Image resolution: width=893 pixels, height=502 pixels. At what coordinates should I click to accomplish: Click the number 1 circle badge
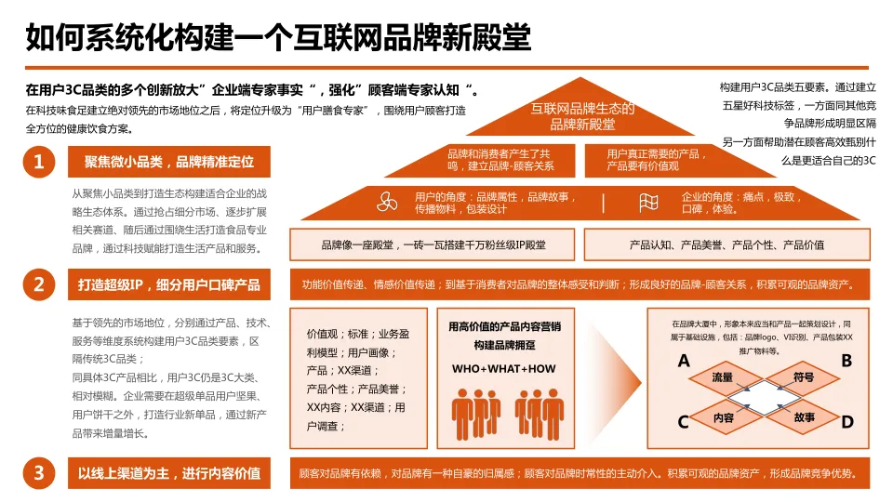(38, 163)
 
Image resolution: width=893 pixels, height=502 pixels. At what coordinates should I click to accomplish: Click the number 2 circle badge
(38, 284)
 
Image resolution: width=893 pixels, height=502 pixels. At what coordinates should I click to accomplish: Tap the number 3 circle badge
(38, 473)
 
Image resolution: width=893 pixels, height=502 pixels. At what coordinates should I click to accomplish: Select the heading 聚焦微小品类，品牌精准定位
(169, 163)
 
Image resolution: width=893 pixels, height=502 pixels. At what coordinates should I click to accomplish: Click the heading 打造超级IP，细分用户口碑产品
(169, 284)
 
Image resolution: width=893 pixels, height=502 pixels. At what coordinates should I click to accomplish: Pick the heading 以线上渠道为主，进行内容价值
(169, 473)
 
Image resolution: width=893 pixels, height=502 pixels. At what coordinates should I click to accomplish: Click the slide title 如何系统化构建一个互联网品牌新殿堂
(278, 38)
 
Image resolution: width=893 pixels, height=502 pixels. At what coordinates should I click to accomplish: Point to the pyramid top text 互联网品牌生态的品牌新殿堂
(582, 116)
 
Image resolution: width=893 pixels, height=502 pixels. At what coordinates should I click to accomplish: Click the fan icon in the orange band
(387, 203)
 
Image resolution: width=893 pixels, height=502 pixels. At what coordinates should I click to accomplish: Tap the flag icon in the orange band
(649, 203)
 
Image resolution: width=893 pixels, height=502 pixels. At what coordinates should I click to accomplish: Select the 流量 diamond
(723, 378)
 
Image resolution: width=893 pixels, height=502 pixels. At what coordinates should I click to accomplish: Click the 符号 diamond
(804, 378)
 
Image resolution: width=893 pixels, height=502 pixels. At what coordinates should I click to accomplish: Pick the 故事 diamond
(805, 418)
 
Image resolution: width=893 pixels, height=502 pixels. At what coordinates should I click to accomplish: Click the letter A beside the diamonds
(684, 361)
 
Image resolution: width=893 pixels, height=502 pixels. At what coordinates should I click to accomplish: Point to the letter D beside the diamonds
(846, 422)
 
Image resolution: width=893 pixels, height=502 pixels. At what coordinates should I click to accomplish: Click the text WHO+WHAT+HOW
(503, 369)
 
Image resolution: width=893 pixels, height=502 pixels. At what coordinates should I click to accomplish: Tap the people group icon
(503, 414)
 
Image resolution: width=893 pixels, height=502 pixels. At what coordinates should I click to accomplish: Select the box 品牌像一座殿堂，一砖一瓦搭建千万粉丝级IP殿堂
(433, 244)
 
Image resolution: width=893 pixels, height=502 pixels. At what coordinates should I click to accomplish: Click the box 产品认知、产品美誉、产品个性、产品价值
(726, 244)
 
